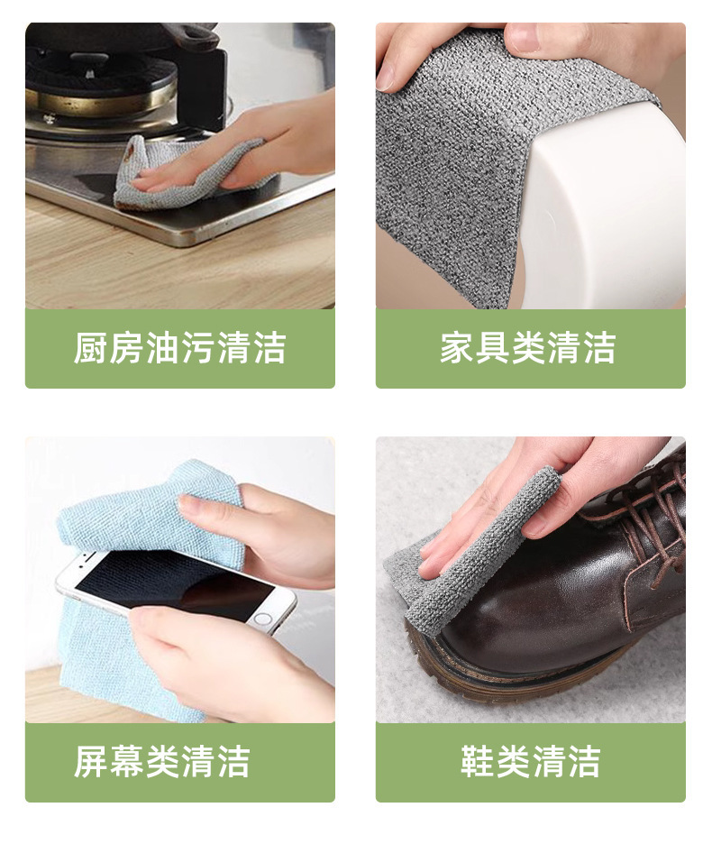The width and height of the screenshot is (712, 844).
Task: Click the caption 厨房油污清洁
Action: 179,348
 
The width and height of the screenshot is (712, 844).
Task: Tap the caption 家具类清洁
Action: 528,348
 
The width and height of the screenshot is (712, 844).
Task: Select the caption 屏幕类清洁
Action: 162,762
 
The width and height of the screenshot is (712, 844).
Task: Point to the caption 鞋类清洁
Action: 531,762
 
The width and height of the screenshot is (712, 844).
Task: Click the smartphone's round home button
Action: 262,619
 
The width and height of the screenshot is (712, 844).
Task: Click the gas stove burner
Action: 102,81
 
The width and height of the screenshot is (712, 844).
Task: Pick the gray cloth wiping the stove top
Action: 183,172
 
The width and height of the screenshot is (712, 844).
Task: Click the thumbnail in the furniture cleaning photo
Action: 519,37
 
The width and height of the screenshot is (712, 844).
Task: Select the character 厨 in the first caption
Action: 91,348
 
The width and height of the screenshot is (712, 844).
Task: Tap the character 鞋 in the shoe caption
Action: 478,762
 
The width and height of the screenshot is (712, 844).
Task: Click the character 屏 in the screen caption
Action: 91,762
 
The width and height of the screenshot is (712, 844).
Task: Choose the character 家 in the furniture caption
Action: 457,348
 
